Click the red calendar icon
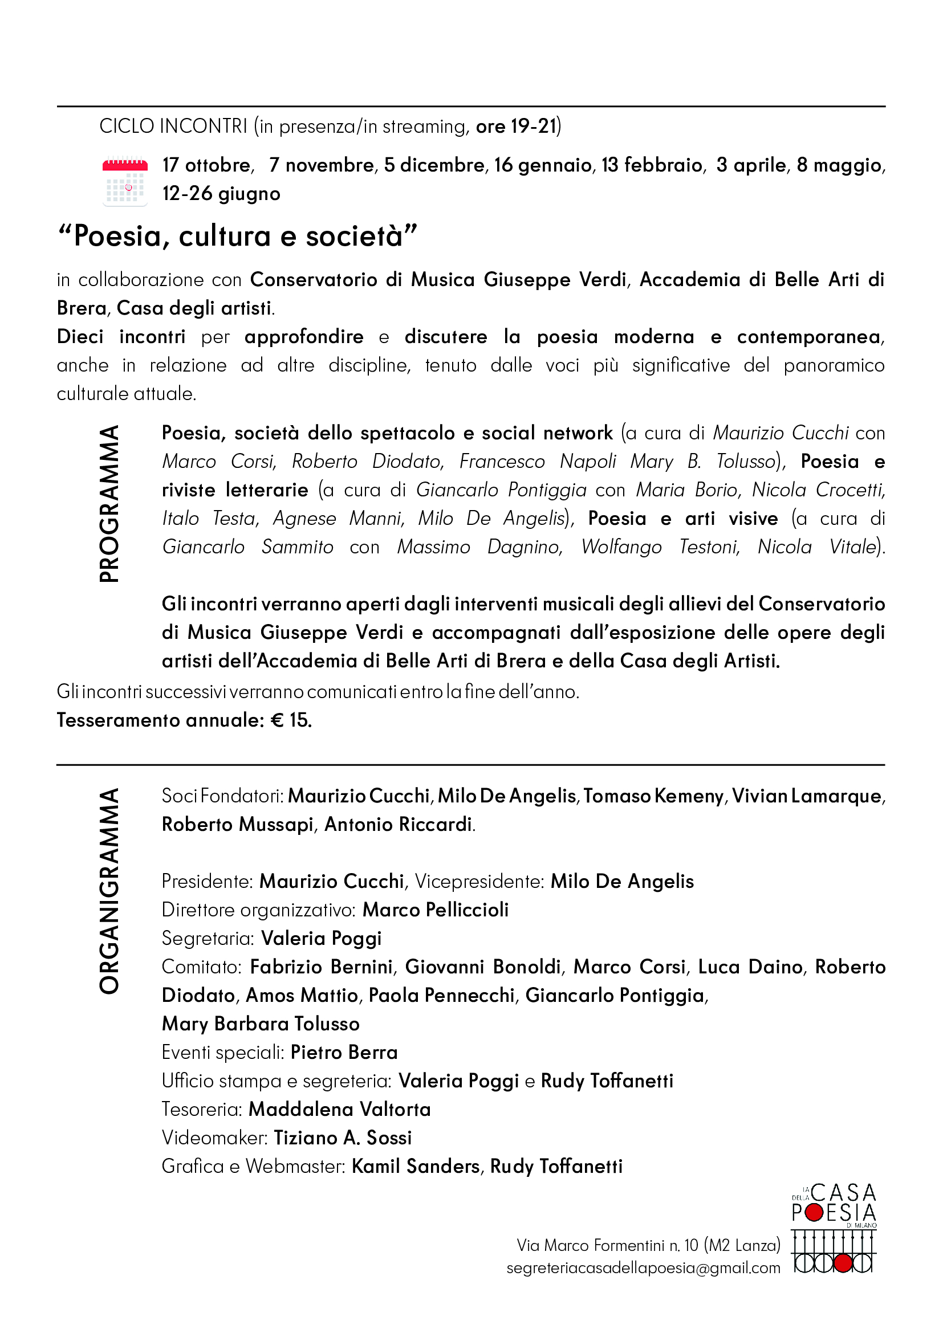click(125, 182)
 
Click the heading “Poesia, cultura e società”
click(238, 237)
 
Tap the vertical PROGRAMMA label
click(109, 503)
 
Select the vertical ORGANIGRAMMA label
click(109, 891)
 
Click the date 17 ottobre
click(208, 165)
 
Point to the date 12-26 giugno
click(221, 194)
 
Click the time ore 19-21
click(516, 126)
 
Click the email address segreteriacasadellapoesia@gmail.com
click(643, 1268)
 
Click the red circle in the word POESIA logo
click(815, 1212)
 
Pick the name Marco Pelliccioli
click(436, 910)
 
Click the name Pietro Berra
click(344, 1052)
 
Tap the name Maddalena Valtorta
click(340, 1109)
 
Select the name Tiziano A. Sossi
click(343, 1138)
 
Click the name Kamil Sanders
click(416, 1166)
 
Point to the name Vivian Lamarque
click(807, 796)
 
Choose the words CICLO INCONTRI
click(173, 126)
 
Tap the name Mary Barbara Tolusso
click(261, 1024)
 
